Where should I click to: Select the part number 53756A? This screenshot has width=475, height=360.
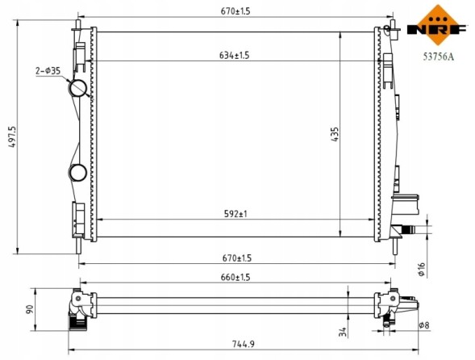[436, 57]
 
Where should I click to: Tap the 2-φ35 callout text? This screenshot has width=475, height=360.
[48, 71]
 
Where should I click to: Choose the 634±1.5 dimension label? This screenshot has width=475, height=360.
[234, 55]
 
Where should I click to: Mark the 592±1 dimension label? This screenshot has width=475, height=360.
[235, 214]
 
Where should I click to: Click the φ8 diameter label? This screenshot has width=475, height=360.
[425, 325]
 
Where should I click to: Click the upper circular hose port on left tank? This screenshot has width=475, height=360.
[79, 88]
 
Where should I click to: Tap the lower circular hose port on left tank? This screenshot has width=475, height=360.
[78, 172]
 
